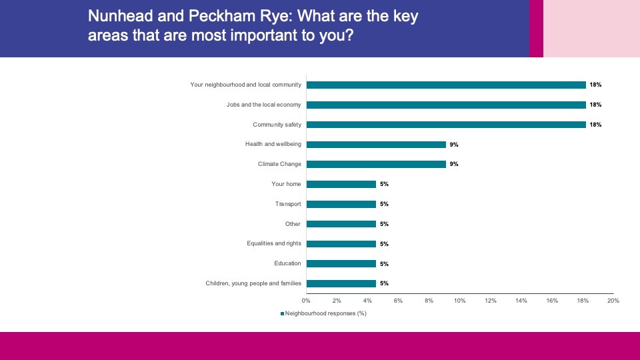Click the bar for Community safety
(x=446, y=125)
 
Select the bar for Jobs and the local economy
(x=446, y=105)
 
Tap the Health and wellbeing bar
(x=376, y=145)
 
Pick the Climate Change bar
(x=376, y=164)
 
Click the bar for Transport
(x=341, y=204)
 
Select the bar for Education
(x=341, y=263)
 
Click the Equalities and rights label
(x=274, y=243)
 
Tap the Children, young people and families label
(x=253, y=283)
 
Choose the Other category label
(x=293, y=224)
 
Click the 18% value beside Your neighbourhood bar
(x=595, y=85)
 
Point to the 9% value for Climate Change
(x=454, y=165)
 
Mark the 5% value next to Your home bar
(x=384, y=185)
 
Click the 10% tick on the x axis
(x=459, y=301)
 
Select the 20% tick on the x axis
(x=613, y=301)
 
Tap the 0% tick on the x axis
(x=307, y=301)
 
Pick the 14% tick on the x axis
(x=521, y=301)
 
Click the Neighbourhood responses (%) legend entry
(x=325, y=313)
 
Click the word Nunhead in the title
(x=118, y=17)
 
